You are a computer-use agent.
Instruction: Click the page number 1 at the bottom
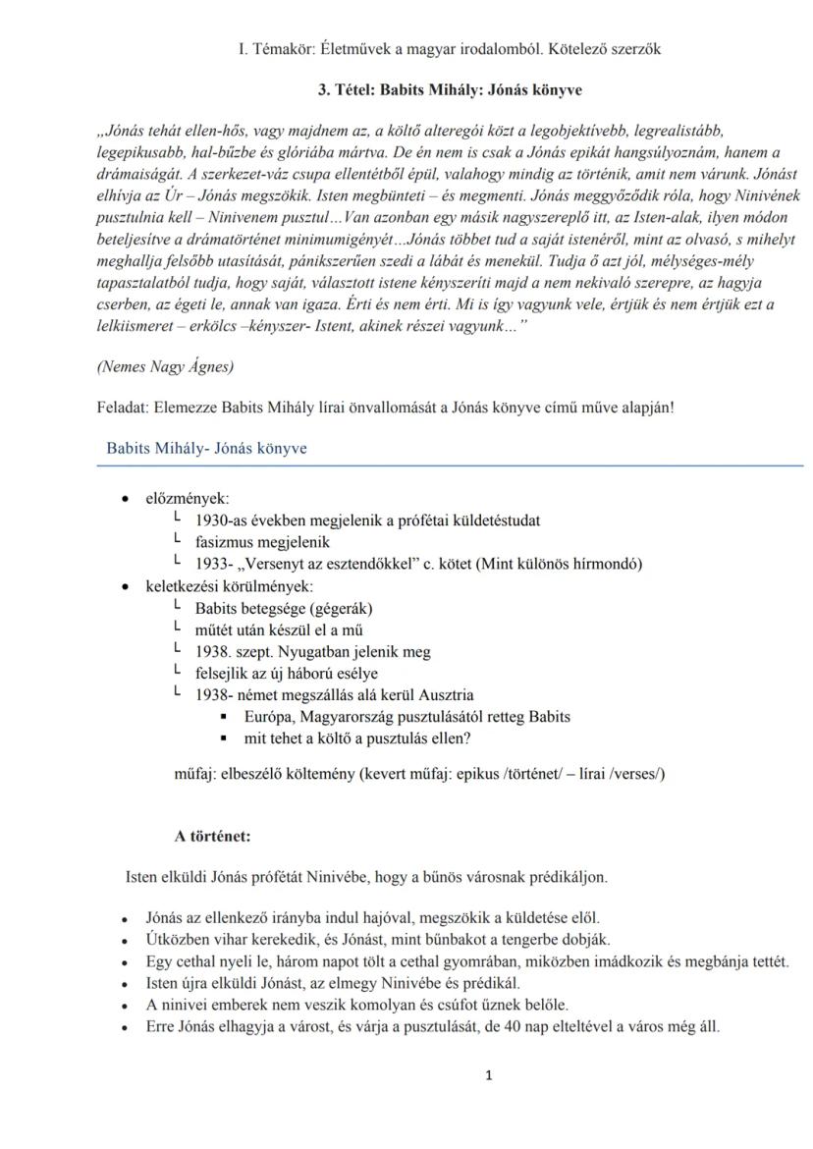pyautogui.click(x=489, y=1075)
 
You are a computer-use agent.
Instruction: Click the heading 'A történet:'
pyautogui.click(x=212, y=837)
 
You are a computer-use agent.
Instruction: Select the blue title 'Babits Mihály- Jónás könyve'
pyautogui.click(x=206, y=449)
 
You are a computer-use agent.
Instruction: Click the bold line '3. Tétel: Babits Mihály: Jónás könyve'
pyautogui.click(x=450, y=89)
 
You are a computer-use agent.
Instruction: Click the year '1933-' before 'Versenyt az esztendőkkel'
pyautogui.click(x=214, y=564)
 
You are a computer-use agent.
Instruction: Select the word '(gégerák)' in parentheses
pyautogui.click(x=342, y=608)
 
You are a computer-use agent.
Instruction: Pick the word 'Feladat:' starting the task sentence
pyautogui.click(x=126, y=407)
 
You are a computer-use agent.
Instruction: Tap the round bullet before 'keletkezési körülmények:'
pyautogui.click(x=125, y=586)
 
